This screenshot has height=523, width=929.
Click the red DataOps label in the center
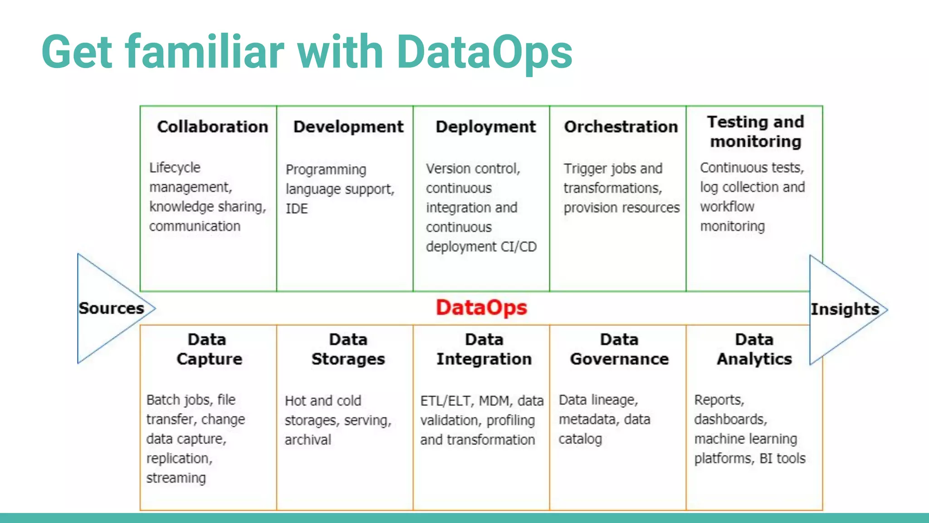point(481,308)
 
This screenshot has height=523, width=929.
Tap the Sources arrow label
point(111,308)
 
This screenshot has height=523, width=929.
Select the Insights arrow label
point(845,309)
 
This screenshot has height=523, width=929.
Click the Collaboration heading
point(212,127)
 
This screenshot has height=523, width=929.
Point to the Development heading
point(348,127)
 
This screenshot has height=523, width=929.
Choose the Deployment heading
point(485,127)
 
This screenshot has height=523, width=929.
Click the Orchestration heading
point(621,127)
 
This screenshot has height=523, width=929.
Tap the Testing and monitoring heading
point(755,132)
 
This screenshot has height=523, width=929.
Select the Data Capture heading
point(209,349)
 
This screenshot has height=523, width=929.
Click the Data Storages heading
point(348,349)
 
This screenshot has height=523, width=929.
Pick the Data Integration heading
point(484,349)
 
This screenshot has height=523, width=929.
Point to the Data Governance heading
point(619,349)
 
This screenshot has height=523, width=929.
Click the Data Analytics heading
point(754,349)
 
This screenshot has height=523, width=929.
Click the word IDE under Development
point(297,209)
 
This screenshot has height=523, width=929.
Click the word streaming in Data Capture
point(176,478)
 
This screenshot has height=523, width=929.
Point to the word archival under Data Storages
point(308,440)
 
